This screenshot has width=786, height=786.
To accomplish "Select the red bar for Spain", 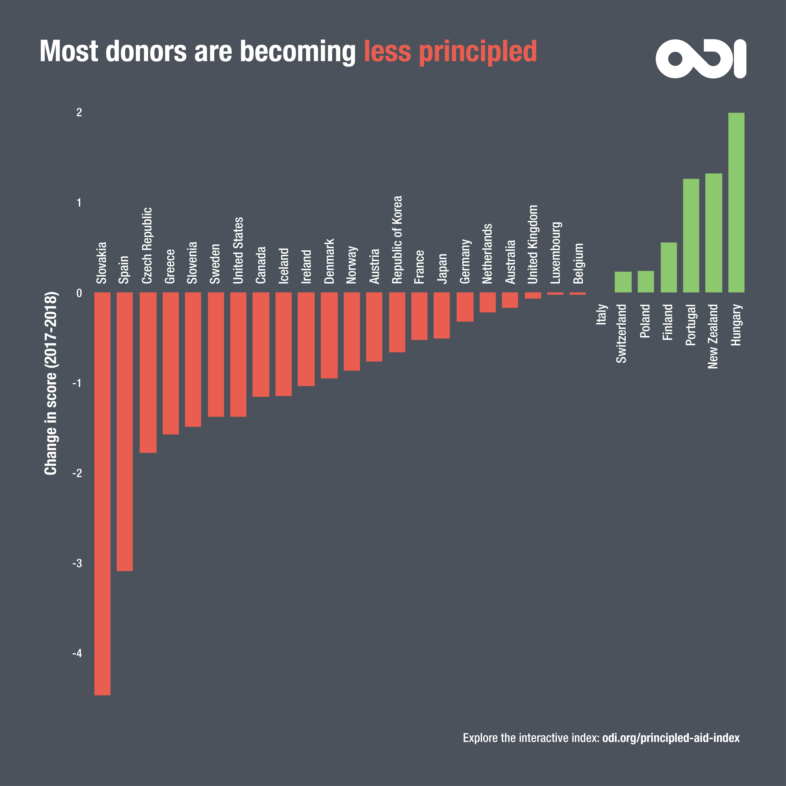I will (125, 431).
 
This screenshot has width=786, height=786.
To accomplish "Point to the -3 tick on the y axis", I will (77, 563).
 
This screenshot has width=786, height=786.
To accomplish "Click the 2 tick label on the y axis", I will (79, 113).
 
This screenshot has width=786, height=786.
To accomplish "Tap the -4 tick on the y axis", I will (77, 653).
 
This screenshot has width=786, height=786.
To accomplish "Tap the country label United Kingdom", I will (533, 244).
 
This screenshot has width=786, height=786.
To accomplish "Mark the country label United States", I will (238, 250).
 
